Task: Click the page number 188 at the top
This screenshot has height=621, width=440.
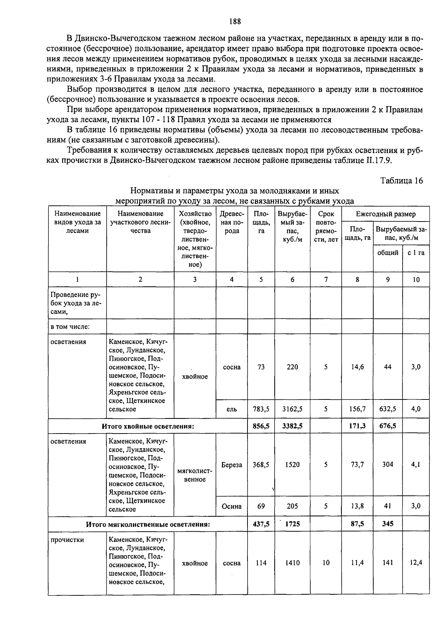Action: tap(235, 22)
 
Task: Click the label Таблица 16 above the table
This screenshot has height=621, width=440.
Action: tap(401, 181)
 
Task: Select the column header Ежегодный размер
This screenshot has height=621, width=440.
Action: tap(385, 214)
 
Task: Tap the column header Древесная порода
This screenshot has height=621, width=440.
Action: tap(231, 222)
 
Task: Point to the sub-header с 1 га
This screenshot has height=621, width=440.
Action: tap(416, 253)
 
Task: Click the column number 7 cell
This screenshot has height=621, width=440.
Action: tap(326, 279)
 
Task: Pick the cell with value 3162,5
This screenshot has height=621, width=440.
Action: tap(292, 409)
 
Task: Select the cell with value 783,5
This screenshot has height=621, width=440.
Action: tap(261, 409)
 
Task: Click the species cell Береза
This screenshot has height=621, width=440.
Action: tap(232, 465)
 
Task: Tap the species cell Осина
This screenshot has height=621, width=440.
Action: tap(232, 506)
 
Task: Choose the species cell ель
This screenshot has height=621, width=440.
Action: tap(232, 409)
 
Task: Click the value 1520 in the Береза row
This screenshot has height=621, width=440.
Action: tap(292, 465)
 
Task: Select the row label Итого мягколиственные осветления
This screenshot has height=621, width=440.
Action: tap(148, 524)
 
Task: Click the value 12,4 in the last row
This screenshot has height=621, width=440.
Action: tap(416, 563)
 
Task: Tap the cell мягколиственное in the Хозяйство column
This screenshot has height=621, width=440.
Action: tap(195, 475)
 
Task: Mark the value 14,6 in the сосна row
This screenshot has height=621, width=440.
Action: tap(357, 367)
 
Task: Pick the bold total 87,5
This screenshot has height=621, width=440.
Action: tap(357, 524)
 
